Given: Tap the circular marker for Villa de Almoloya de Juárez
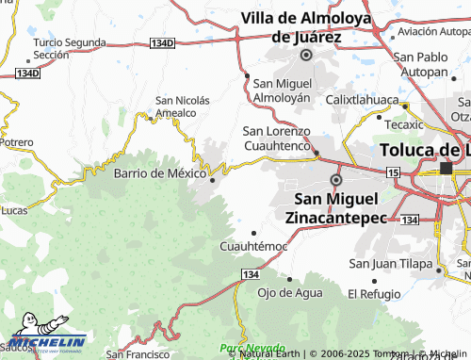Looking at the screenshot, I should (x=305, y=56).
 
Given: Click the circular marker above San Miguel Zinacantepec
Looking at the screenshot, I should (x=336, y=179).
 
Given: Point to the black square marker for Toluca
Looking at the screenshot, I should (x=447, y=169).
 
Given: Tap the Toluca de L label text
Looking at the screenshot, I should (x=424, y=150).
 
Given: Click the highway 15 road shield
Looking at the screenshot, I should (x=392, y=171).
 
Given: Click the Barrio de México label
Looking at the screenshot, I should (x=159, y=173).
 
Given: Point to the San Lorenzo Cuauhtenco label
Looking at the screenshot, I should (x=276, y=138).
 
